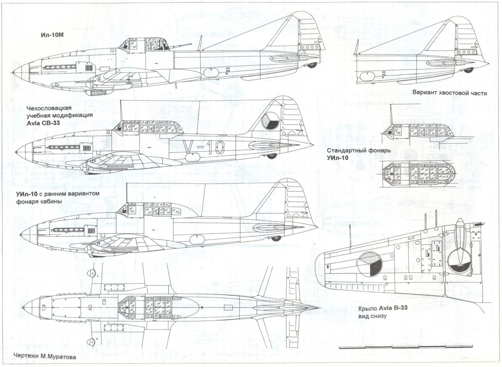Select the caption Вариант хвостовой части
point(449,93)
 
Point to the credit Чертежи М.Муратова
point(45,357)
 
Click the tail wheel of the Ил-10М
point(312,65)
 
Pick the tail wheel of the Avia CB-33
point(271,156)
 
